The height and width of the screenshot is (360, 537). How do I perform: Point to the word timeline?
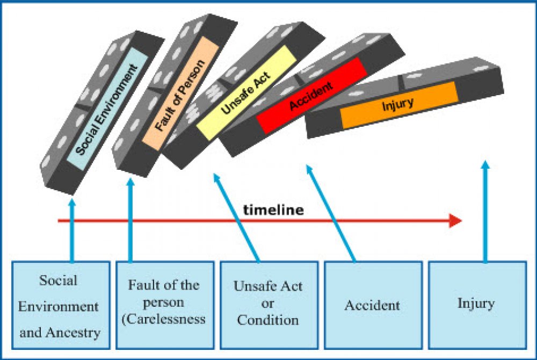[x=273, y=210]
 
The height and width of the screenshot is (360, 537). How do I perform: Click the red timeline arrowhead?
[x=455, y=221]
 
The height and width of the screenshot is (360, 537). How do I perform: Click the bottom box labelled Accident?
[x=372, y=305]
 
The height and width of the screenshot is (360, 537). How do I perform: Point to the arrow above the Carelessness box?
[x=130, y=220]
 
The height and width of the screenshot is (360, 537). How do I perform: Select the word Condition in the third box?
[x=268, y=320]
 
